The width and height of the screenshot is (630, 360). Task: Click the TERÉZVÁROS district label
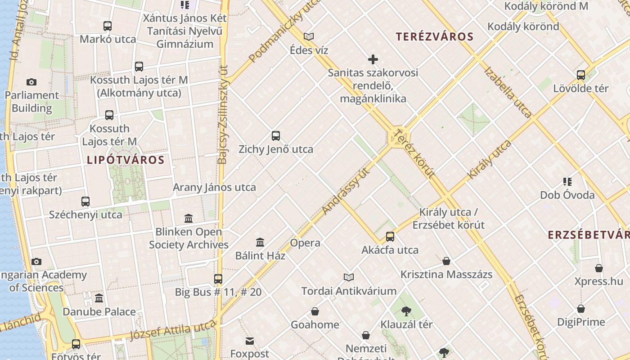click(435, 37)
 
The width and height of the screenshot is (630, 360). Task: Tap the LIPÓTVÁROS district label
click(126, 160)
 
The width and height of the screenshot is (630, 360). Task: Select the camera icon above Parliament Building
click(31, 82)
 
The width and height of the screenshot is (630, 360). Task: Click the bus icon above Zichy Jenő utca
click(276, 135)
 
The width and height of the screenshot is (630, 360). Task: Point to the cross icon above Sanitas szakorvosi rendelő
click(373, 59)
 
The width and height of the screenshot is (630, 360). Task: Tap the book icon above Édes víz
click(309, 36)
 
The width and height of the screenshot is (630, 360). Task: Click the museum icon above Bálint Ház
click(260, 243)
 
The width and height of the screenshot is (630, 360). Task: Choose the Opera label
click(305, 243)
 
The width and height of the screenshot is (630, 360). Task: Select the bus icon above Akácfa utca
click(390, 237)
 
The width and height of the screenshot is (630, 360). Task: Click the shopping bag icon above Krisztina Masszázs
click(446, 261)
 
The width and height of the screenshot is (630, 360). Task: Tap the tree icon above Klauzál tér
click(406, 311)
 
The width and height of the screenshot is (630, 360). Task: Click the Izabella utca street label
click(508, 92)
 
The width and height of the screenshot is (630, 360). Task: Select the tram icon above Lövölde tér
click(581, 75)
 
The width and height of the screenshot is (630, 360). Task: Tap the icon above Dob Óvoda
click(567, 182)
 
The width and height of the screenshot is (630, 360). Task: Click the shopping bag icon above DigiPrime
click(581, 309)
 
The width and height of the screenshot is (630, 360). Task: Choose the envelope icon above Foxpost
click(250, 341)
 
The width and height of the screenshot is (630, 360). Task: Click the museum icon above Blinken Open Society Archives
click(189, 219)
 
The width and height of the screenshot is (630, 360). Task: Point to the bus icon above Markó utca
click(107, 26)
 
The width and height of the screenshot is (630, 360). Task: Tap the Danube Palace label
click(99, 312)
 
